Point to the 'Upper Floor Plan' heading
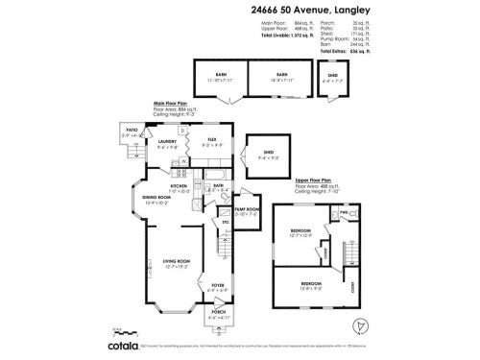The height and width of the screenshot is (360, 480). (x=314, y=179)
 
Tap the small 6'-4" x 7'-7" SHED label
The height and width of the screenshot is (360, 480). (x=333, y=76)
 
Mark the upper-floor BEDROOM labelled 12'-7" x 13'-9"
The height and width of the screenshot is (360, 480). (x=300, y=233)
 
